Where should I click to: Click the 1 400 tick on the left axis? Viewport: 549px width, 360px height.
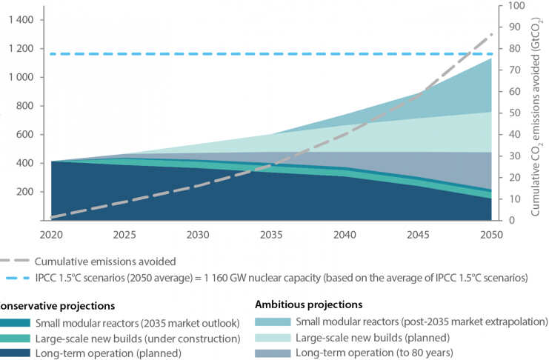click(x=21, y=20)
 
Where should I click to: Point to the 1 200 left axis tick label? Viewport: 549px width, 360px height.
click(x=21, y=49)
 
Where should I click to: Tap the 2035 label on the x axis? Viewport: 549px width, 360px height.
click(x=270, y=233)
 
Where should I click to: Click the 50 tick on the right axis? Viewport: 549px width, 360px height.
click(x=509, y=113)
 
